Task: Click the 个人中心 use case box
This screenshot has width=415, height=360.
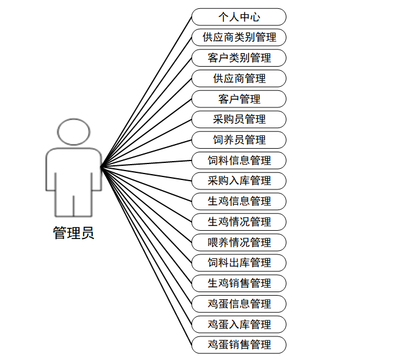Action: (239, 17)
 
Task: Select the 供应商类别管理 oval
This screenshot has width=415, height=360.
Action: (239, 38)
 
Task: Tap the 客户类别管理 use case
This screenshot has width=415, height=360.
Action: (239, 58)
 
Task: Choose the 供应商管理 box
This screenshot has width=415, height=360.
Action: (239, 78)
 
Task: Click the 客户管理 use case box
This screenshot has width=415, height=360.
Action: (239, 99)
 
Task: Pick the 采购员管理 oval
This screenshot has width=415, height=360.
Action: (239, 119)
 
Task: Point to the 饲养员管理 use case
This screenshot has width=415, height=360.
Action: (239, 140)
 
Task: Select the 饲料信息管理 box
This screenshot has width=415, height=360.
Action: (239, 161)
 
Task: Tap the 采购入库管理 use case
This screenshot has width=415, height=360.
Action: (239, 181)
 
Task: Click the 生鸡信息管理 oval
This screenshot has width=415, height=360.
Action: (239, 201)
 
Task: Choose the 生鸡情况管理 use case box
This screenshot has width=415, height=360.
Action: (239, 222)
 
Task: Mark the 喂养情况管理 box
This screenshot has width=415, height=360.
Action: (239, 243)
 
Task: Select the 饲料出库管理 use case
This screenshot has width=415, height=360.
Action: (239, 263)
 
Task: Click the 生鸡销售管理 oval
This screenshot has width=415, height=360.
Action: (239, 283)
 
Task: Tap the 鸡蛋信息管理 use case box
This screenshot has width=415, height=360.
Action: (239, 304)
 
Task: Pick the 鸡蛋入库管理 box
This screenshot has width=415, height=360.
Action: (239, 325)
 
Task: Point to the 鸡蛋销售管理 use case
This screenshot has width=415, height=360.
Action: (239, 345)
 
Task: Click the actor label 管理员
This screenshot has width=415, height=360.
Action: (74, 233)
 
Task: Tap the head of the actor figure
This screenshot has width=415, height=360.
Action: (74, 132)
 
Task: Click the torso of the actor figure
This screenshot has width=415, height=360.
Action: (74, 171)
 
